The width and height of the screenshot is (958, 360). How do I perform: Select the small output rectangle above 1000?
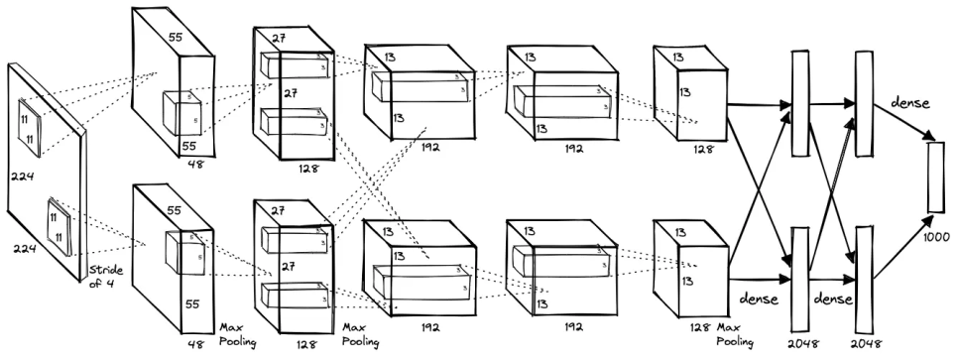point(934,178)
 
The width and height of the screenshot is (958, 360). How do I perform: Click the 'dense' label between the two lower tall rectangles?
point(831,297)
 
